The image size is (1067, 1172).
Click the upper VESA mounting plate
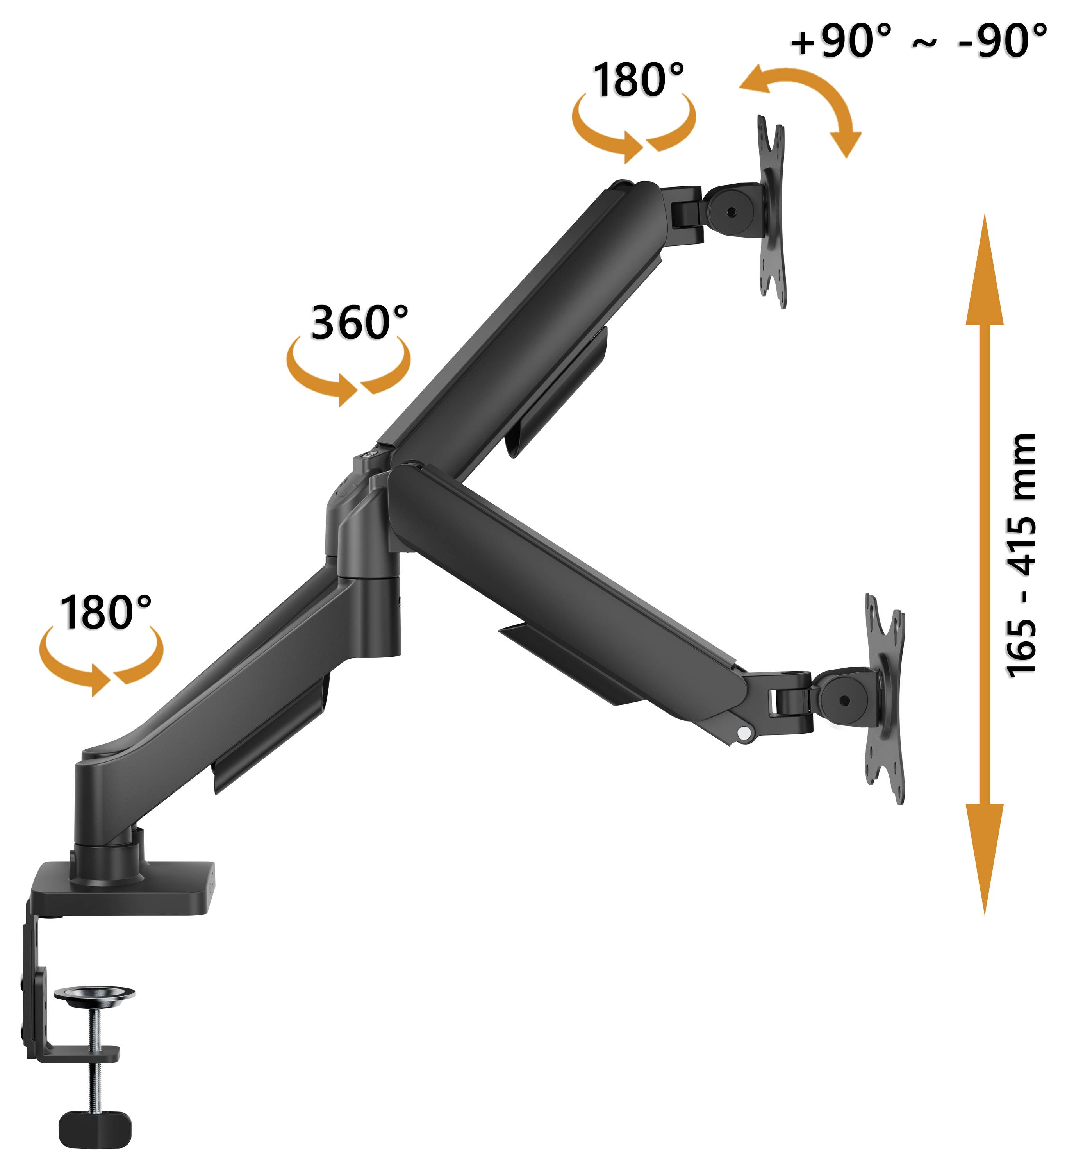772,212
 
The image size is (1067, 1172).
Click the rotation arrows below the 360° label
348,372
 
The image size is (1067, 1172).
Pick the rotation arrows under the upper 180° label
633,131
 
